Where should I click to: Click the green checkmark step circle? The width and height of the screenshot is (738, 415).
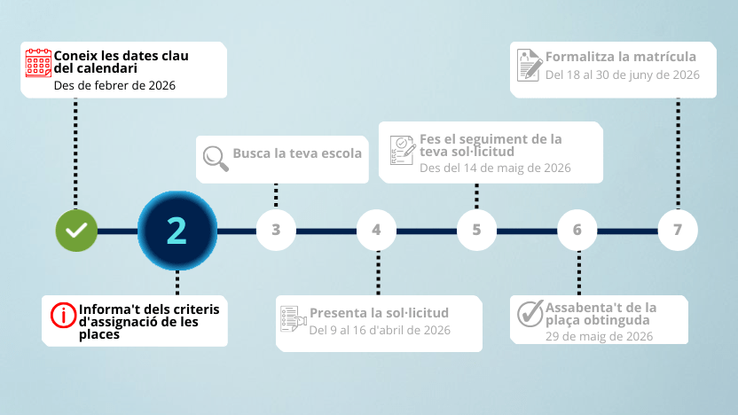coord(76,231)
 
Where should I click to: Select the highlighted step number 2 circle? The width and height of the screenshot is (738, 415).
coord(177,231)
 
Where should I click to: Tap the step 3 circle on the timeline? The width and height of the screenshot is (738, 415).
coord(276,230)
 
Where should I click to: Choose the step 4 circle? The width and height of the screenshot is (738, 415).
coord(376,230)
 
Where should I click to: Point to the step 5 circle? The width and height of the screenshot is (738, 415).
coord(476,230)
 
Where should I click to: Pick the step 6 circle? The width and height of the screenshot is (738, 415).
coord(577,230)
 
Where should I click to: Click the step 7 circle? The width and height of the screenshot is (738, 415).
coord(678,230)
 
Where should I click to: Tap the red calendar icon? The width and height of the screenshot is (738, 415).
coord(38,63)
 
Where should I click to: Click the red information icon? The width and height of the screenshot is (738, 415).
coord(63,316)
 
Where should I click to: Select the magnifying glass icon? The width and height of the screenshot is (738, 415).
coord(216,158)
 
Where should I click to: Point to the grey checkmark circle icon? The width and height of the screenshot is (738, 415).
coord(530,313)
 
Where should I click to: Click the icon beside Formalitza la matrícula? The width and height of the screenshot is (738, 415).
coord(530,65)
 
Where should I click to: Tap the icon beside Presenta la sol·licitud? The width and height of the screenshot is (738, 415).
coord(294,318)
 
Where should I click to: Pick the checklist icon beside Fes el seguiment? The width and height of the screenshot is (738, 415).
coord(403,150)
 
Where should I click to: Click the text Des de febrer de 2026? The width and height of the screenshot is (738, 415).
coord(114,86)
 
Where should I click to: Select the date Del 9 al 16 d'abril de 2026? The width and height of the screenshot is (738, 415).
coord(380,330)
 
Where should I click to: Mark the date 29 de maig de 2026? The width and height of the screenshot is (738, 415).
coord(599,336)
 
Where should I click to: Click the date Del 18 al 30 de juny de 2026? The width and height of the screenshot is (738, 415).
coord(623,74)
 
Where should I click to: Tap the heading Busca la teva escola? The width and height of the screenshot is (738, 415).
coord(297,153)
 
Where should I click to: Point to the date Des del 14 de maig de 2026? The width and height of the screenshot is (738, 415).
coord(495,168)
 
